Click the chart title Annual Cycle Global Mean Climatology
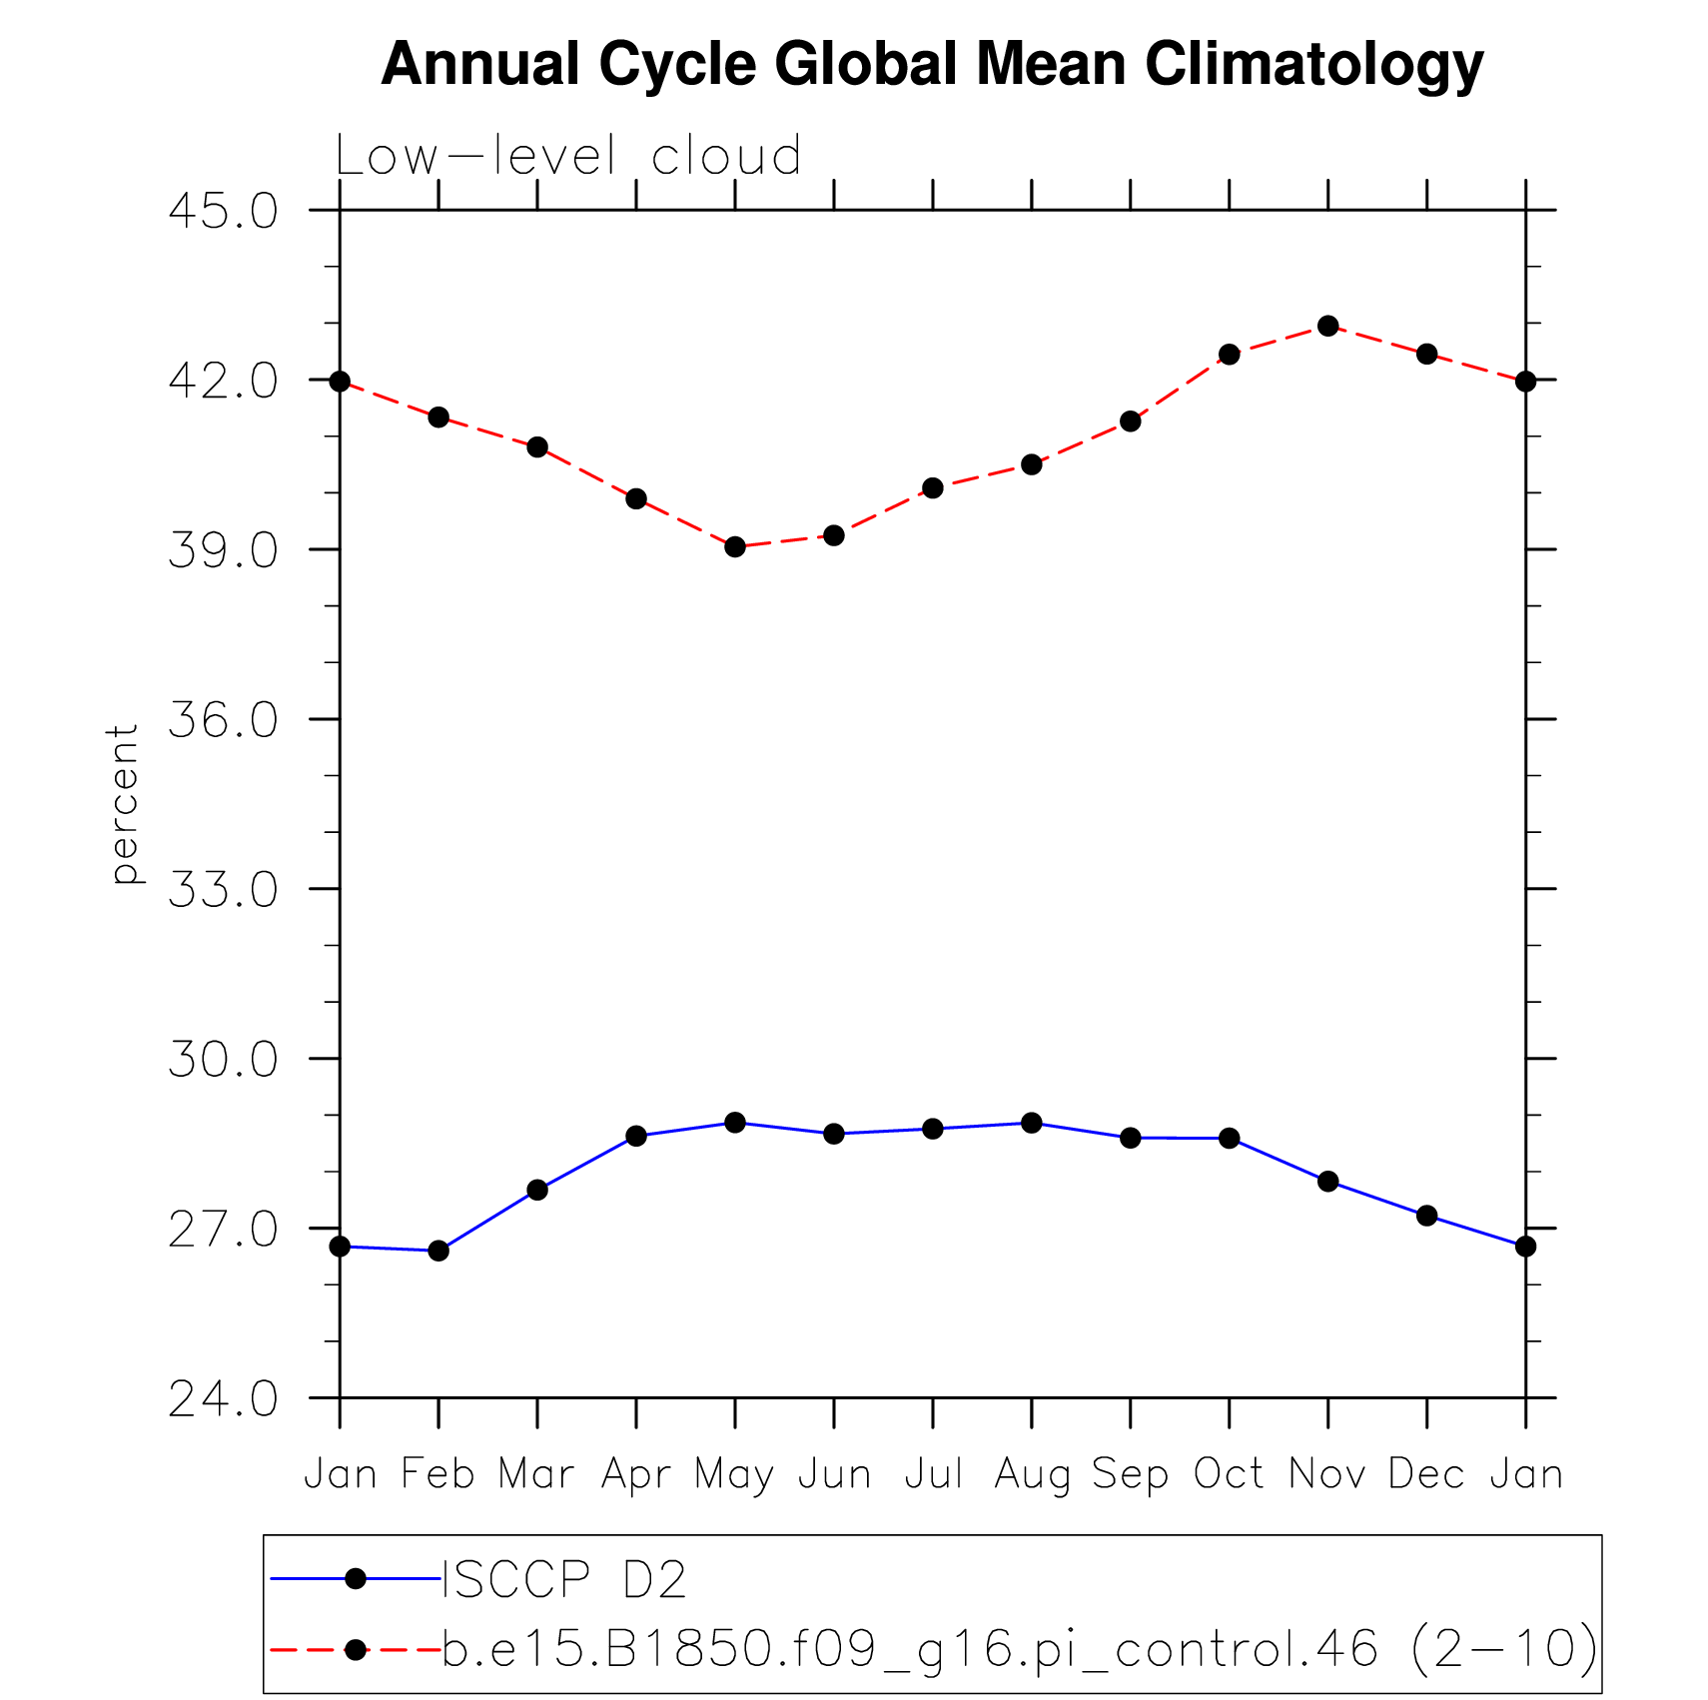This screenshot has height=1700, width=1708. tap(932, 64)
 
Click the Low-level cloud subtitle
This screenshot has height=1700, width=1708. tap(567, 157)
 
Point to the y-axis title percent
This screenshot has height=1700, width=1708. tap(124, 804)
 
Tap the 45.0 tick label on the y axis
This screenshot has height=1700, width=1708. tap(223, 212)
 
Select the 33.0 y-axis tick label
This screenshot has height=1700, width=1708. tap(223, 890)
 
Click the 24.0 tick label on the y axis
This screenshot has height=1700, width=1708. tap(223, 1400)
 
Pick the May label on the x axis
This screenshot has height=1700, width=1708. tap(734, 1475)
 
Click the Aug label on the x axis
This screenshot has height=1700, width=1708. tap(1032, 1475)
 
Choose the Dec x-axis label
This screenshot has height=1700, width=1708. tap(1426, 1474)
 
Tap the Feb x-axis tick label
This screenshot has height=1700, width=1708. tap(437, 1474)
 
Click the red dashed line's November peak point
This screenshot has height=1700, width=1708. tap(1327, 326)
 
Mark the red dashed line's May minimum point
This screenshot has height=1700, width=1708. tap(735, 546)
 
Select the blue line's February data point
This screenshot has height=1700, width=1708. tap(438, 1251)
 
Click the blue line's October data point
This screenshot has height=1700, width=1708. tap(1229, 1139)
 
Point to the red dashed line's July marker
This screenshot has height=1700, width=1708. tap(933, 487)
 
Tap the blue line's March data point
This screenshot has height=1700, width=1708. tap(537, 1190)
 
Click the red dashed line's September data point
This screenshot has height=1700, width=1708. tap(1130, 422)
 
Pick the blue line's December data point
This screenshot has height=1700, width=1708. tap(1426, 1216)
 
